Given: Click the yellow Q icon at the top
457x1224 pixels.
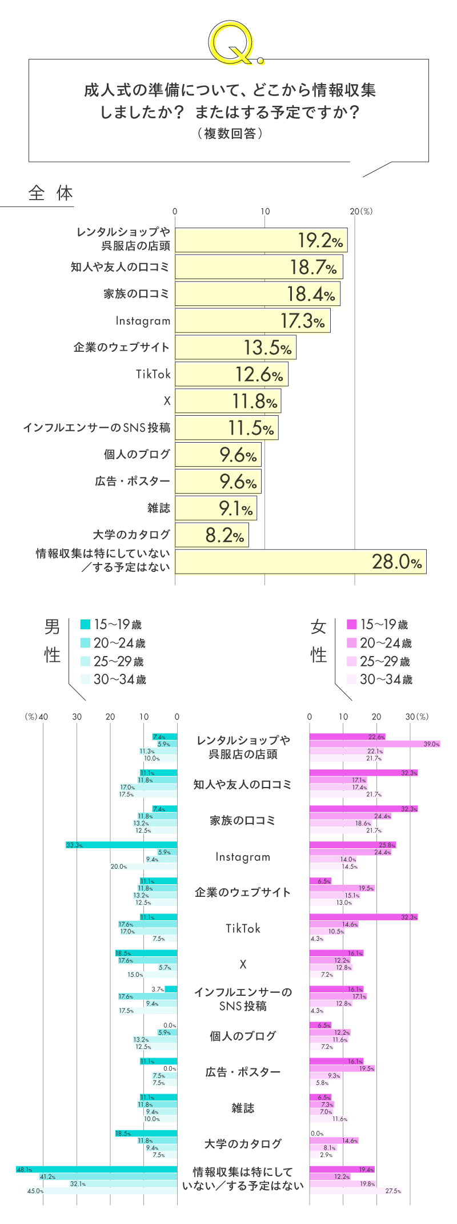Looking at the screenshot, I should [x=233, y=42].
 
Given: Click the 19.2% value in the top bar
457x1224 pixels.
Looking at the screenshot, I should [x=320, y=241].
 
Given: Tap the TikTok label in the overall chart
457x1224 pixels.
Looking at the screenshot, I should [x=153, y=374].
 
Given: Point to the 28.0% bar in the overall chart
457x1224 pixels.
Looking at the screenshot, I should [x=300, y=562].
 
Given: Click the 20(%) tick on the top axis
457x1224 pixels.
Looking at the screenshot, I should [x=361, y=211].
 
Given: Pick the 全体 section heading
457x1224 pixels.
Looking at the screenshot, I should [x=51, y=193].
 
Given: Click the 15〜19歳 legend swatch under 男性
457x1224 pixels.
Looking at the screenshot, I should [x=86, y=625].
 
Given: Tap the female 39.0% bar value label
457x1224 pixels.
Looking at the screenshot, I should [x=431, y=744].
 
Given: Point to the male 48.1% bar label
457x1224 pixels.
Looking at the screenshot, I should [x=24, y=1170].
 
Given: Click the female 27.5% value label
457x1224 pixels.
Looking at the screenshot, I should [x=393, y=1191].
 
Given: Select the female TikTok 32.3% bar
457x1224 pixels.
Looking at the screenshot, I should [x=363, y=917].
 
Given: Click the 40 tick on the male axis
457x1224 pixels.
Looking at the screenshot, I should [x=43, y=717].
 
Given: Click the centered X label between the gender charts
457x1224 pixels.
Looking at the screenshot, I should [x=243, y=964].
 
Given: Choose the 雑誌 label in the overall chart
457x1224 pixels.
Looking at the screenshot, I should [x=159, y=508].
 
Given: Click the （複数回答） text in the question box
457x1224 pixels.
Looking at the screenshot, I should [x=229, y=133].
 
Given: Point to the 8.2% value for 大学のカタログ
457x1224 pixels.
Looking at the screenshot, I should [x=224, y=535].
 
